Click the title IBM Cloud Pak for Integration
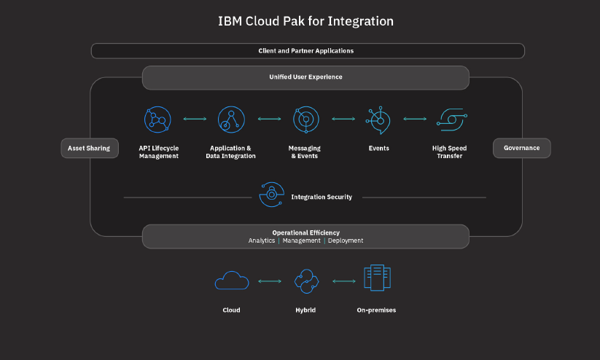[x=305, y=21]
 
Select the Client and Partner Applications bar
[x=307, y=51]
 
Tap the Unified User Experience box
[x=305, y=77]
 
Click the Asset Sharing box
[x=89, y=148]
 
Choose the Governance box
[x=521, y=148]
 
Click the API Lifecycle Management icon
[x=157, y=119]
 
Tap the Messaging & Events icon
[x=305, y=119]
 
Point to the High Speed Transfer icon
[x=451, y=119]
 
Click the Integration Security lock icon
[x=271, y=195]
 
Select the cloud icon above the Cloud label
[x=232, y=281]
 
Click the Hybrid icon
[x=305, y=281]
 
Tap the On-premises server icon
[x=377, y=278]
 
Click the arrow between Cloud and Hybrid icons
[x=270, y=281]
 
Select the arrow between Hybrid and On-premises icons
[x=343, y=281]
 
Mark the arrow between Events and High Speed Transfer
[x=415, y=119]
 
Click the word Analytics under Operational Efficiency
[x=262, y=240]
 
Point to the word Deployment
[x=346, y=240]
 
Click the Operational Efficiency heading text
[x=305, y=232]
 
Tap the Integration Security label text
[x=322, y=197]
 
